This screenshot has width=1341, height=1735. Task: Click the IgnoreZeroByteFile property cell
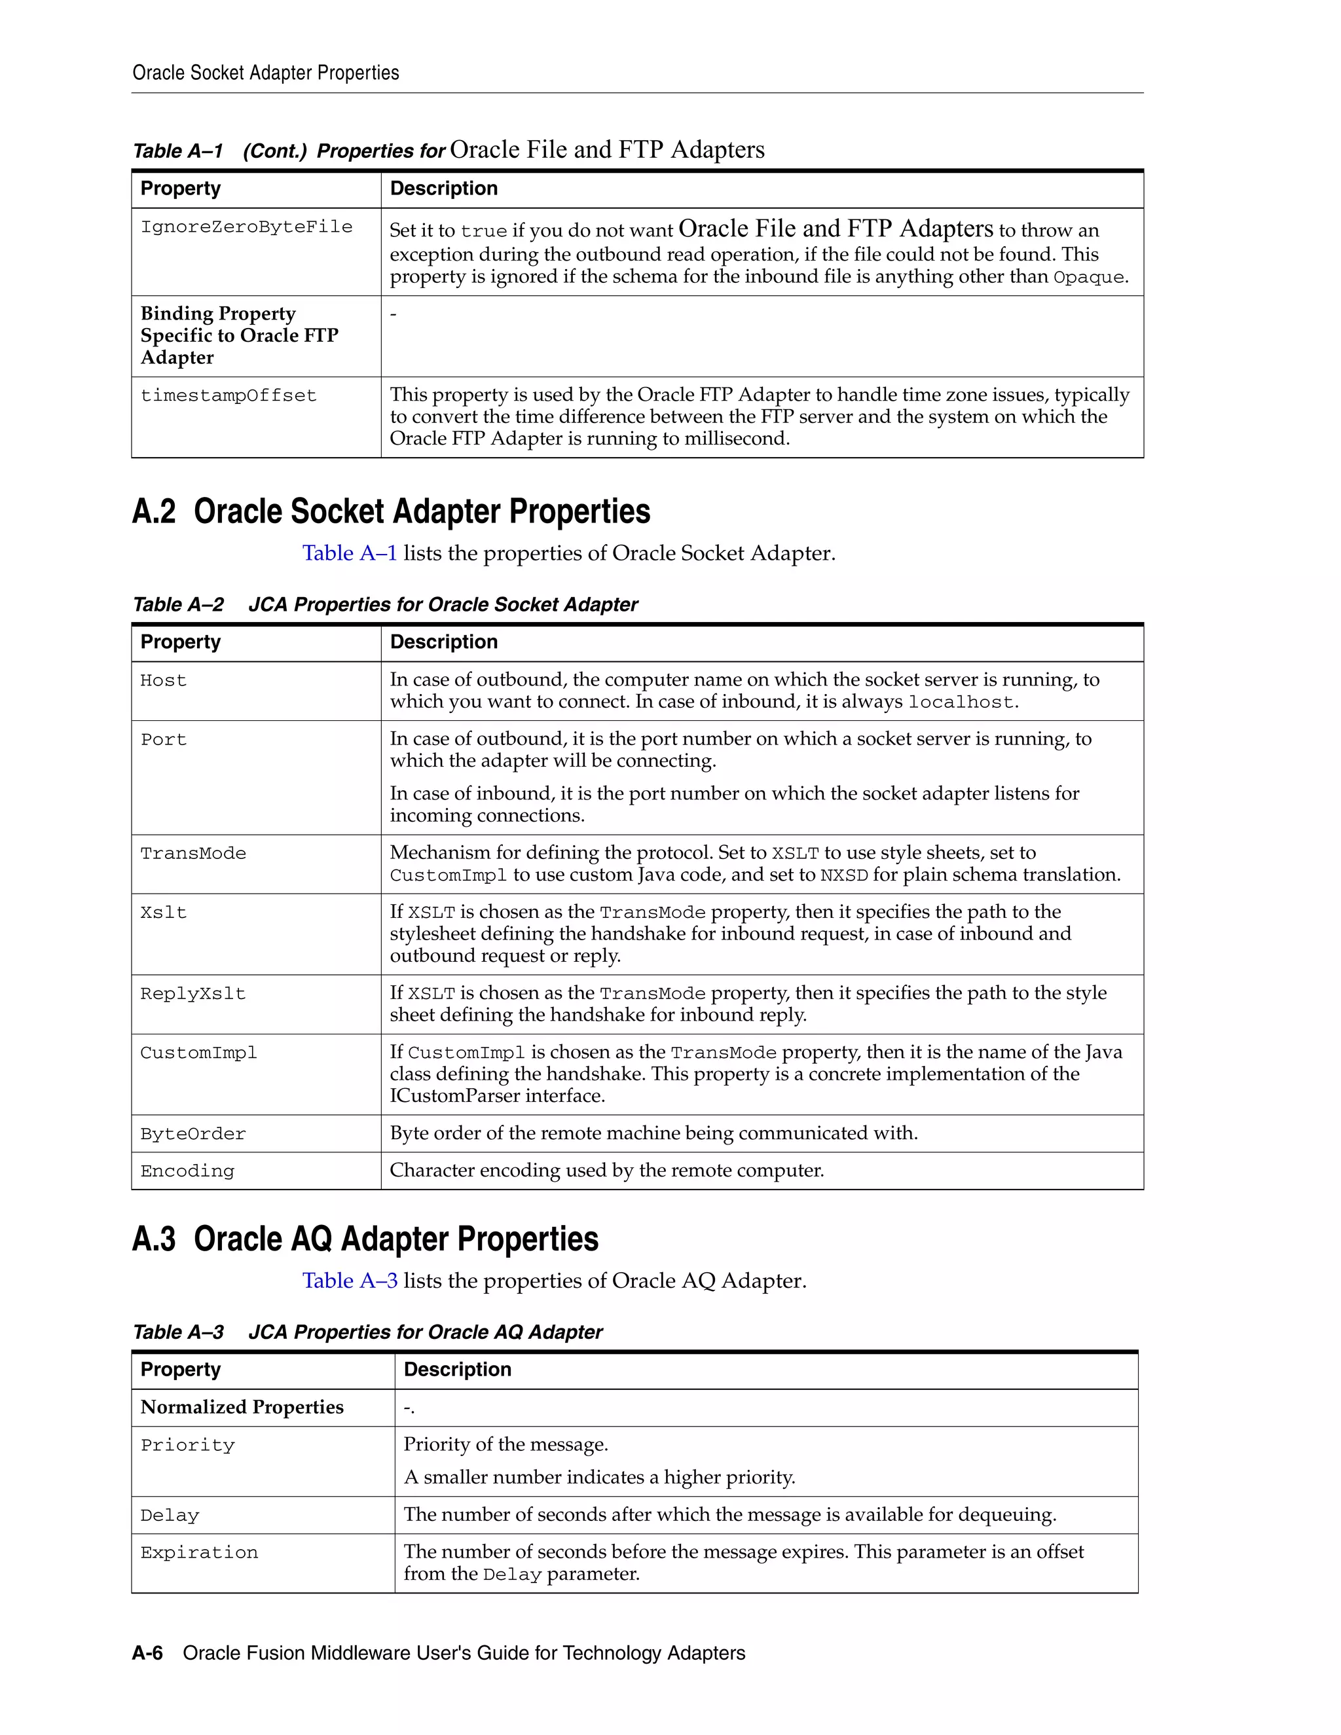pos(246,227)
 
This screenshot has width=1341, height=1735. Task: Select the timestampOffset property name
pos(228,395)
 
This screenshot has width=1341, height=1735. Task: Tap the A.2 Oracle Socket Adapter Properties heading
pos(391,511)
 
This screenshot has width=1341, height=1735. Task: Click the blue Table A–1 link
pos(349,553)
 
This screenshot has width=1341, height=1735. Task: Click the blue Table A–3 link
pos(349,1281)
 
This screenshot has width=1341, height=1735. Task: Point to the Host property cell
pos(164,681)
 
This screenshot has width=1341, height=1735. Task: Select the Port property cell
pos(164,740)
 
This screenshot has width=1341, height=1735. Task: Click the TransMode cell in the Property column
pos(193,853)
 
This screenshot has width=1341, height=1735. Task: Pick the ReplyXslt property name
pos(193,994)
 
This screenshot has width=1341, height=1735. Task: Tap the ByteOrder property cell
pos(193,1135)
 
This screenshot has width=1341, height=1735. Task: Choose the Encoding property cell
pos(187,1171)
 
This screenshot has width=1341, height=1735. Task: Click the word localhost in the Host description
pos(961,703)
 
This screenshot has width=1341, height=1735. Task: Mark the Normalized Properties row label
pos(242,1407)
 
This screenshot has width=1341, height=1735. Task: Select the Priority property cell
pos(187,1445)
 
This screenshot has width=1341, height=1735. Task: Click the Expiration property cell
pos(200,1552)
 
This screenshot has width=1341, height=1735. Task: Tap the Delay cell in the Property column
pos(170,1516)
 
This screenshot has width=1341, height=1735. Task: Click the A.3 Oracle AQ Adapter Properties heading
pos(365,1239)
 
